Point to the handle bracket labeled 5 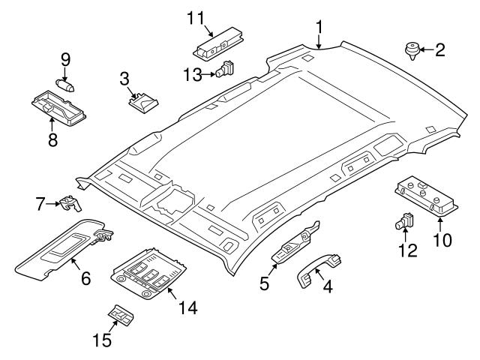[295, 242]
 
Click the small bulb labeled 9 [64, 83]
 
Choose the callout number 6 [85, 279]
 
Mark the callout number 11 [195, 16]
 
